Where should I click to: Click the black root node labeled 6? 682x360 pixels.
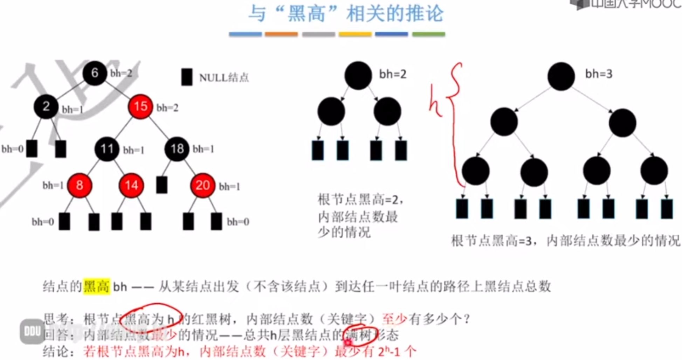(94, 73)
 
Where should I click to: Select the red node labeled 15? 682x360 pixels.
(140, 106)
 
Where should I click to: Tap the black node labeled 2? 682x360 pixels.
(46, 106)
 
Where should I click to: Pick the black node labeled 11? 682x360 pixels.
(107, 149)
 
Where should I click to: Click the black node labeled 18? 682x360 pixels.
(177, 149)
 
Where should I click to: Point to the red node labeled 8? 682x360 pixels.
(80, 185)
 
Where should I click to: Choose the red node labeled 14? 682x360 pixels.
(131, 185)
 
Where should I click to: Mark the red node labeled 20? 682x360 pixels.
(202, 185)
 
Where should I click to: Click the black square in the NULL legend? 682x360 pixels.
(187, 77)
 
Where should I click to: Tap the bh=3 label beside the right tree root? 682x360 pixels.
(599, 74)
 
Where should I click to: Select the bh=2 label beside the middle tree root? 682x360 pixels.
(393, 74)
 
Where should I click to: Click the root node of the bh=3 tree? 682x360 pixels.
(561, 76)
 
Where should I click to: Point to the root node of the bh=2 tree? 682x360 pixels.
(358, 75)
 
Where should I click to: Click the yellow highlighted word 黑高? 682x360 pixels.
(97, 286)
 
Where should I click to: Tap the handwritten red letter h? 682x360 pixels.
(435, 102)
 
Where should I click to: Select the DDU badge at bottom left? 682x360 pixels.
(32, 331)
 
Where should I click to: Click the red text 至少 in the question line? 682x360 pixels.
(394, 319)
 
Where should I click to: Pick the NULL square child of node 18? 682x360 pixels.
(161, 185)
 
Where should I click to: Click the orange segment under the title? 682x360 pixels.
(281, 34)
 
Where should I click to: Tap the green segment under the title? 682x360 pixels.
(428, 34)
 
